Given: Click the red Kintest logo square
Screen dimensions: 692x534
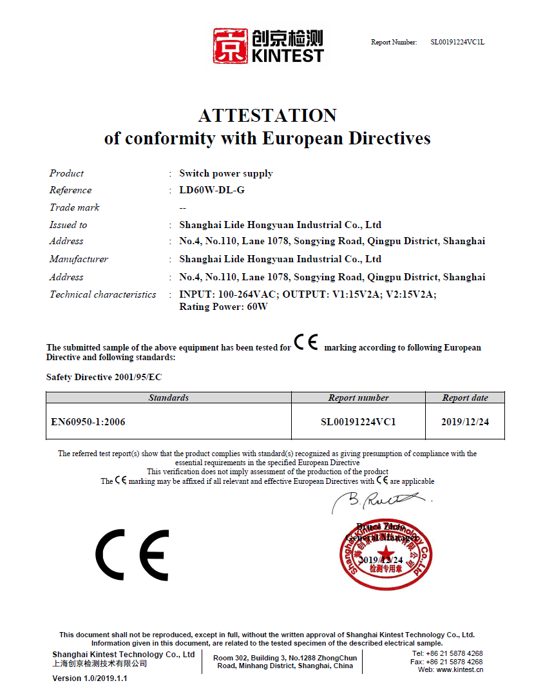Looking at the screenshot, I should point(231,45).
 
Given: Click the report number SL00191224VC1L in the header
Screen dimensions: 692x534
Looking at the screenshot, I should point(457,43).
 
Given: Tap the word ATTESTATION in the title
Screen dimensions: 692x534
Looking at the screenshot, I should point(267,115).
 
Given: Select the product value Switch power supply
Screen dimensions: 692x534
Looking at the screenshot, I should point(225,173).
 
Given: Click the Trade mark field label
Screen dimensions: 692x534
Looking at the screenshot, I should point(75,207).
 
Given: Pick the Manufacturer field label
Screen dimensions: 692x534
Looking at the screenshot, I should point(79,259).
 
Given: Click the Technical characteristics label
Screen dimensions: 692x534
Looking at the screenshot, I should point(103,294).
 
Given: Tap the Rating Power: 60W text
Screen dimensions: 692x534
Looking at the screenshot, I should point(224,307).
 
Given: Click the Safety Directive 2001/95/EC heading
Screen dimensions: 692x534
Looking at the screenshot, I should point(100,376).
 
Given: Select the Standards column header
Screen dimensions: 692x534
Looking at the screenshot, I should point(169,398).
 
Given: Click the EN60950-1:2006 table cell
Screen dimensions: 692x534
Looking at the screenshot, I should point(88,422).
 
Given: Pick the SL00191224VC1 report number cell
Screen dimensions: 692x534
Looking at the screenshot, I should point(358,422).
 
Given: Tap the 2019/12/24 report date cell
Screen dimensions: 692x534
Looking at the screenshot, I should point(465,422).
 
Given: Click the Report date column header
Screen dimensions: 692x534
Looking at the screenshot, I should point(465,398).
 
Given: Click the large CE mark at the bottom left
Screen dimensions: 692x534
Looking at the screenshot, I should point(132,555).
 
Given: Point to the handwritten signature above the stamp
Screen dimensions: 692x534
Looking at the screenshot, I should point(380,500).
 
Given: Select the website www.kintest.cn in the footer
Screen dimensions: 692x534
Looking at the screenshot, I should point(458,669).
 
